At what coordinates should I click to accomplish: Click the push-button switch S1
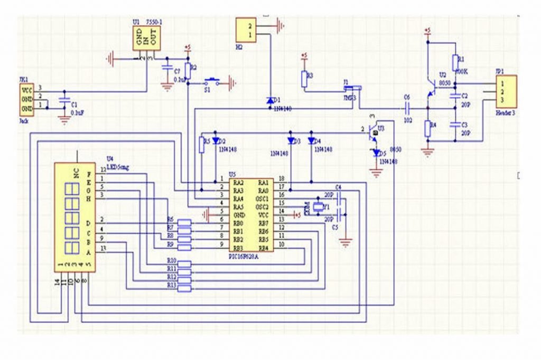click(x=212, y=82)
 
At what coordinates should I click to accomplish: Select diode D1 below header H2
click(x=270, y=100)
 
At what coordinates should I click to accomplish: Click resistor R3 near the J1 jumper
click(x=304, y=79)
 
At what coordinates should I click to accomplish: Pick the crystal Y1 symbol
click(x=318, y=207)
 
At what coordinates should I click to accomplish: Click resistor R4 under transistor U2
click(x=427, y=128)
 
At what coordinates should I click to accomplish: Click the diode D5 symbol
click(x=376, y=153)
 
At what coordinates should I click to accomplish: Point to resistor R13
click(x=184, y=288)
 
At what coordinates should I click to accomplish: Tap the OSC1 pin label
click(x=263, y=198)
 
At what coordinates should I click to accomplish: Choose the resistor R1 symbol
click(x=454, y=62)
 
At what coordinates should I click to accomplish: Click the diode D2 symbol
click(x=216, y=141)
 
